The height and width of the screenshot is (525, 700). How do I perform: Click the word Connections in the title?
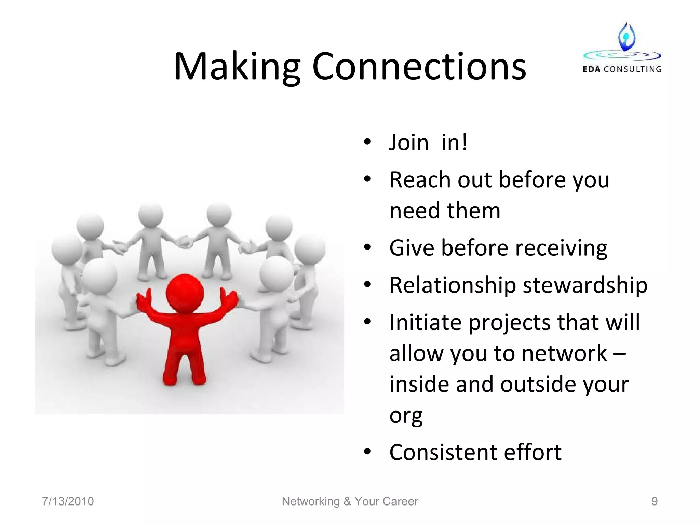point(419,67)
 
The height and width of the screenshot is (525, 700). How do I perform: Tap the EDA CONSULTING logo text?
point(622,69)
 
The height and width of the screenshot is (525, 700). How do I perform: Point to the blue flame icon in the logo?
point(627,37)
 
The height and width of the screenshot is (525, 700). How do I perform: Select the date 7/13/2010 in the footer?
point(68,501)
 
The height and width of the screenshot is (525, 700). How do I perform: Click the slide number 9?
point(654,501)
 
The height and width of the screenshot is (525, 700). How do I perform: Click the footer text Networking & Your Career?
point(350,501)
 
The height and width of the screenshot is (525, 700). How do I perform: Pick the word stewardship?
point(585,285)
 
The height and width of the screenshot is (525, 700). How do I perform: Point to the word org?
point(406,416)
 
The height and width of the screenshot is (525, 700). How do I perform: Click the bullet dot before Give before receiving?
point(367,247)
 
